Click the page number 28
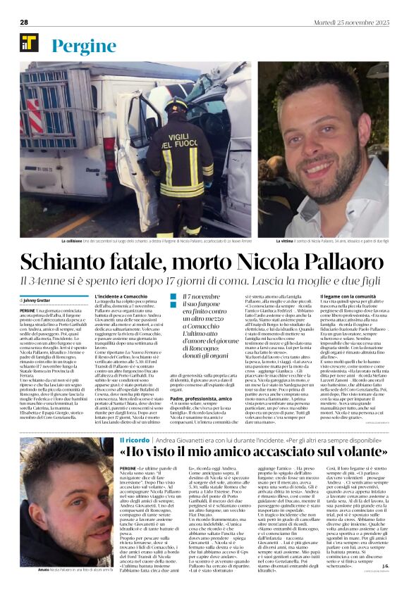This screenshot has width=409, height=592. [x=23, y=23]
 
